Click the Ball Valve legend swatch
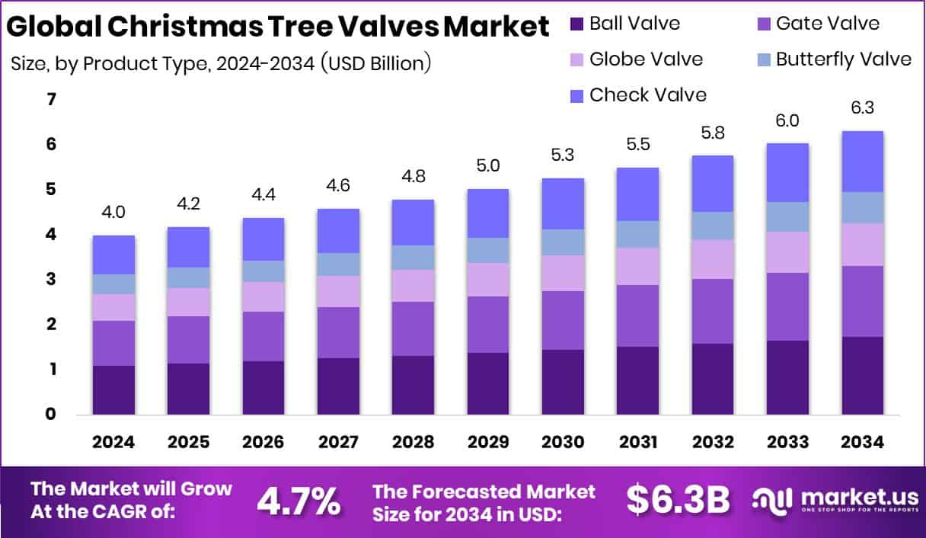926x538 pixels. [x=577, y=24]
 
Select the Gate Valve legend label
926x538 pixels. [x=828, y=24]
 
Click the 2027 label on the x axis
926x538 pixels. [x=338, y=442]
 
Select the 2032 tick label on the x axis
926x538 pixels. [x=713, y=442]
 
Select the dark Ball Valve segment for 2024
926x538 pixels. [x=113, y=390]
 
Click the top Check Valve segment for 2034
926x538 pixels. [x=862, y=162]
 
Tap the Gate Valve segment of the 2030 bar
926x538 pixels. [x=563, y=320]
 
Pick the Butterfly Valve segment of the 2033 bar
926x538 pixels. [x=787, y=217]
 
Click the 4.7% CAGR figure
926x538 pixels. [x=298, y=501]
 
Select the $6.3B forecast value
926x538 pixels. [x=678, y=500]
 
